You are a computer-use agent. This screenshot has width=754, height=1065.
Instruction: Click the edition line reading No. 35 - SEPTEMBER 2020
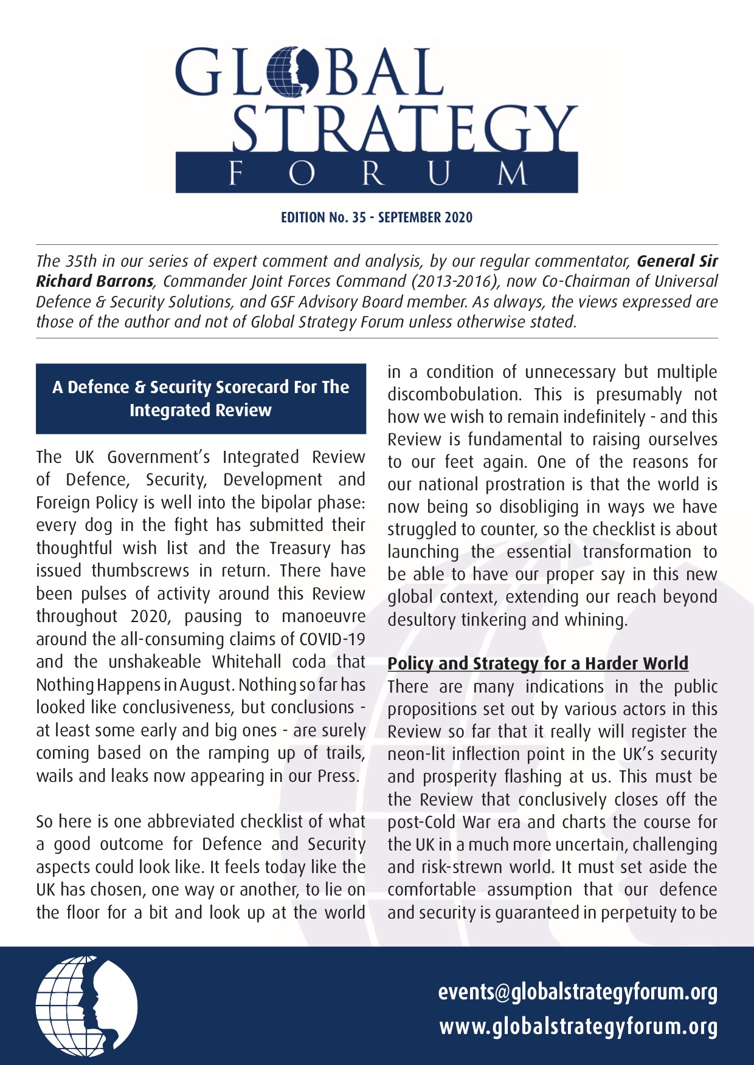click(376, 217)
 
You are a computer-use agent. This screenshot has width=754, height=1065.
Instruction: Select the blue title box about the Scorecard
click(201, 399)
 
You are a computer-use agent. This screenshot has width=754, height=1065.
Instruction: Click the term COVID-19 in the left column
click(332, 639)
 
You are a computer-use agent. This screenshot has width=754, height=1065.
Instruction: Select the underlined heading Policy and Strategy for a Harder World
click(538, 663)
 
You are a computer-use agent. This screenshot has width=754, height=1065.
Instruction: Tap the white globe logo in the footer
click(86, 1006)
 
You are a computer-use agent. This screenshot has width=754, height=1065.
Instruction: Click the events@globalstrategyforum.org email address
click(578, 992)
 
